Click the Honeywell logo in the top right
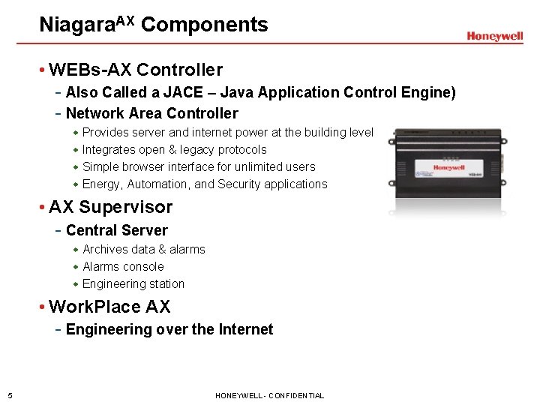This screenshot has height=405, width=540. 494,36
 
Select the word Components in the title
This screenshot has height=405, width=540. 204,25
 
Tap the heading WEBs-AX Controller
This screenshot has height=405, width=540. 136,70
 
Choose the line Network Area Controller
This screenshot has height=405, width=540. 151,114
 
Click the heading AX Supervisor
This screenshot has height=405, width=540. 111,208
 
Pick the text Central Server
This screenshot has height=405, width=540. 117,231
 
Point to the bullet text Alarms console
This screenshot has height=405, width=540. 123,267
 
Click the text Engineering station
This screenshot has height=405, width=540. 133,284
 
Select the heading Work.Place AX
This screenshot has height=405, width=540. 109,307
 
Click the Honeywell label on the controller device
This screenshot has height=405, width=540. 449,168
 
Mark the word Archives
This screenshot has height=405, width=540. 105,250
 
